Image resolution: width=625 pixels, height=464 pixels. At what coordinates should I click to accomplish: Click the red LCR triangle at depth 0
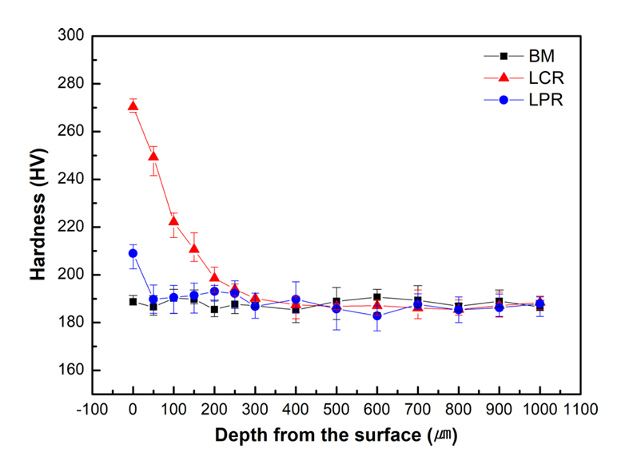pos(133,106)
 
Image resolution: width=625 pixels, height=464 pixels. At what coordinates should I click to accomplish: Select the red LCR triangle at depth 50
pos(153,156)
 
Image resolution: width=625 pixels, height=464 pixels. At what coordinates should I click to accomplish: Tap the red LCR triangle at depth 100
pos(173,220)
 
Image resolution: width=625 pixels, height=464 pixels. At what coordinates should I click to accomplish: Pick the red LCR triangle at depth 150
pos(194,248)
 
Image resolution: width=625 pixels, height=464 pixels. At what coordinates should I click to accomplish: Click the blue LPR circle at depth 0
pos(133,253)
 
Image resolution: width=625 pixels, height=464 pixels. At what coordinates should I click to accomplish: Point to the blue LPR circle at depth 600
pos(377,316)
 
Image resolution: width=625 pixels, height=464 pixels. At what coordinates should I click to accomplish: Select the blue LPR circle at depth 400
pos(296,300)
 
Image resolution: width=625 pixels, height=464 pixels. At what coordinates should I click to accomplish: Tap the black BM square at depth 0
pos(133,302)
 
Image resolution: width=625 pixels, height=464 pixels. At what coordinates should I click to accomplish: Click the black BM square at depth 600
pos(377,297)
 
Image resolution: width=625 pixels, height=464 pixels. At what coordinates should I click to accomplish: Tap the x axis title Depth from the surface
pos(336,436)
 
